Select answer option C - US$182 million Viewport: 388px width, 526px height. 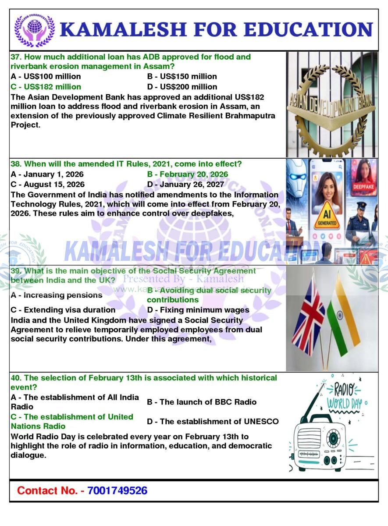[46, 87]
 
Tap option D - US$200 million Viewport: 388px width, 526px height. [182, 87]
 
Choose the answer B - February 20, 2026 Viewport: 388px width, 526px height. [187, 174]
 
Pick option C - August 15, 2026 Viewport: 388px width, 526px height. [47, 185]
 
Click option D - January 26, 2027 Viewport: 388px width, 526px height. [185, 185]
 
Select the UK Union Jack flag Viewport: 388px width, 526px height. [308, 315]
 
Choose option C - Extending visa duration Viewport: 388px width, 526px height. [63, 310]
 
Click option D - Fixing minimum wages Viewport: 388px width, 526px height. [198, 310]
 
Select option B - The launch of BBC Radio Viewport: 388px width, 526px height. [202, 402]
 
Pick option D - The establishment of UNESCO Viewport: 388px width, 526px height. [213, 422]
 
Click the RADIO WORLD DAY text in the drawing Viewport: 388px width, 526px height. [345, 396]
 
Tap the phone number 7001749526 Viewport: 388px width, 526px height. [117, 490]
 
